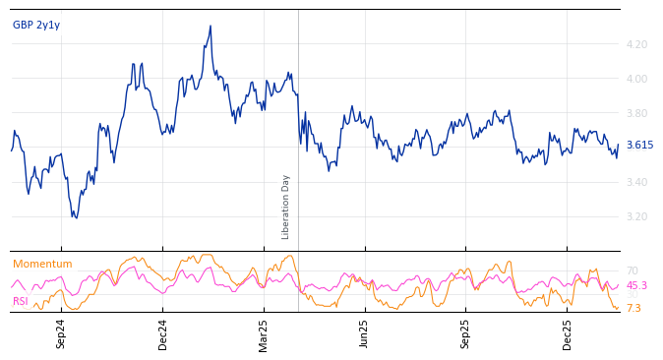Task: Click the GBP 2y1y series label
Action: click(x=36, y=25)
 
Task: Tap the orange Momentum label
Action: click(x=42, y=264)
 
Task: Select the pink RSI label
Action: click(x=21, y=301)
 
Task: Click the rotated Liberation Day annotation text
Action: click(x=286, y=207)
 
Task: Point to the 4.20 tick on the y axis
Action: click(x=636, y=44)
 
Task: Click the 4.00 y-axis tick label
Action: click(x=636, y=79)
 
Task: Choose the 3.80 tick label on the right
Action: click(x=636, y=113)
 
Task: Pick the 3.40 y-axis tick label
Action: click(x=636, y=182)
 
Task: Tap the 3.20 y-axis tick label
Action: click(x=636, y=216)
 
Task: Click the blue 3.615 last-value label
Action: click(x=639, y=145)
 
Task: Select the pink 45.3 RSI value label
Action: click(x=636, y=285)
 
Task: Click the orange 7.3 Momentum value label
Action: click(x=633, y=308)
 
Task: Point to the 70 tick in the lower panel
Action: click(x=633, y=270)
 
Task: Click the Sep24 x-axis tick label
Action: click(x=61, y=333)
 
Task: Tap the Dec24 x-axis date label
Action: click(x=163, y=333)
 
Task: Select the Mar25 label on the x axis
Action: click(x=264, y=333)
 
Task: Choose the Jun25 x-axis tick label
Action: click(x=365, y=333)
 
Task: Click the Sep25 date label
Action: click(x=466, y=333)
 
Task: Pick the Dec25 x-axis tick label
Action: click(x=568, y=333)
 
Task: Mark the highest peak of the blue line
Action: click(x=211, y=27)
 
